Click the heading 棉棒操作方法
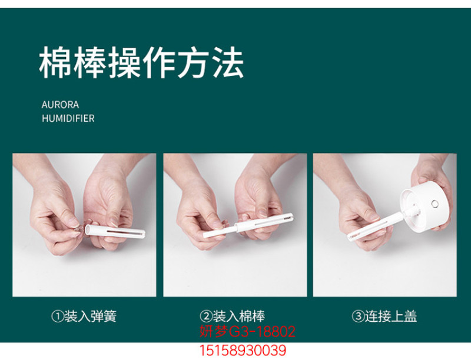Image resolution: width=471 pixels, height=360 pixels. pos(141,62)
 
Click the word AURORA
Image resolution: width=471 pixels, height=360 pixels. pos(61,105)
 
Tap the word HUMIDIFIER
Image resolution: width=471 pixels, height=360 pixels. pos(68,118)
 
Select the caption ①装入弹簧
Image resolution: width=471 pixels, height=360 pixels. pos(84,316)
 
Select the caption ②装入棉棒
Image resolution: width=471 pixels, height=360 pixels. pos(232,316)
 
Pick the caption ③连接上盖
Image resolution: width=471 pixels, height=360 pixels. pos(384,316)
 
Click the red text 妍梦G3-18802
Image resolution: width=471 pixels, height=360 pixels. pos(247,332)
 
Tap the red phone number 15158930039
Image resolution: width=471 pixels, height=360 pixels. pos(243,350)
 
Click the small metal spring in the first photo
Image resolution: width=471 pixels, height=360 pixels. pos(78,229)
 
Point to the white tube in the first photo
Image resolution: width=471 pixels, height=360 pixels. pos(115,231)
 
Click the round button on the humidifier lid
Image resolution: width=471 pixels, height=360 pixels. pos(434,204)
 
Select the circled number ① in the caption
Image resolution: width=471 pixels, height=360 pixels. pos(57,316)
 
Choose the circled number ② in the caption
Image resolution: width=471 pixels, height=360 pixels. pos(205,316)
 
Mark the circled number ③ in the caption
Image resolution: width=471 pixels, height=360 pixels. pos(358,316)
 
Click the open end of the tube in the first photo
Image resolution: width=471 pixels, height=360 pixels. pos(88,229)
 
